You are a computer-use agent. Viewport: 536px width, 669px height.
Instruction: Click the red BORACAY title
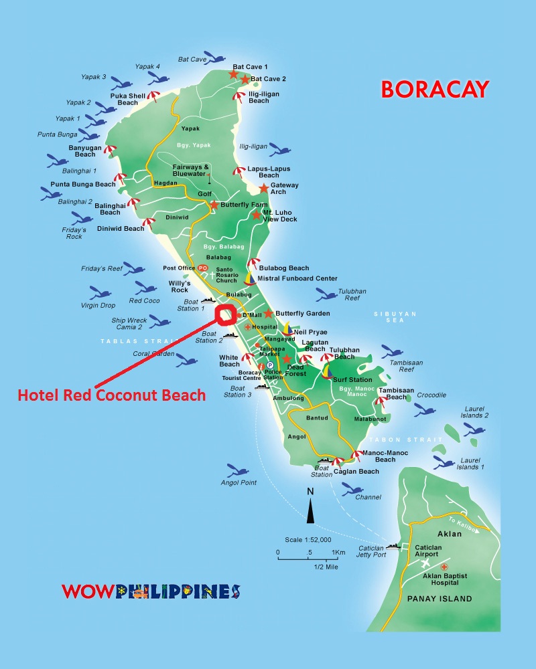[435, 89]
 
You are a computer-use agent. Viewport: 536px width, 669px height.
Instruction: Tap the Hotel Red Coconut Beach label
[111, 395]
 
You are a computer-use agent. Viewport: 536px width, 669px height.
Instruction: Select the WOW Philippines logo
[151, 591]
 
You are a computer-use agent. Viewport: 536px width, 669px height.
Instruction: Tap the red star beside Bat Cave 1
[233, 74]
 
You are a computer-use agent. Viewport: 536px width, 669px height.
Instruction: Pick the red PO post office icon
[204, 268]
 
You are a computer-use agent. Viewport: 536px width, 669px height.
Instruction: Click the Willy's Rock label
[179, 286]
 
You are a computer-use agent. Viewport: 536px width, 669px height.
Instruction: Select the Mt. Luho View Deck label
[280, 215]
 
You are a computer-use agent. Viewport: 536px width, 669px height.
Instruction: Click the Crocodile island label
[431, 395]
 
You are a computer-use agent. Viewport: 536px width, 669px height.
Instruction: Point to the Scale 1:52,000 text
[308, 539]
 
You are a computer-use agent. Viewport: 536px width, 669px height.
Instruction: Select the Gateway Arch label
[285, 189]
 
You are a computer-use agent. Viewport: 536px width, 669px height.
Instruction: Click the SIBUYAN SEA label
[395, 316]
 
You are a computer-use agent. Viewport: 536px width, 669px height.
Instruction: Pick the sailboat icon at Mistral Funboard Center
[249, 278]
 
